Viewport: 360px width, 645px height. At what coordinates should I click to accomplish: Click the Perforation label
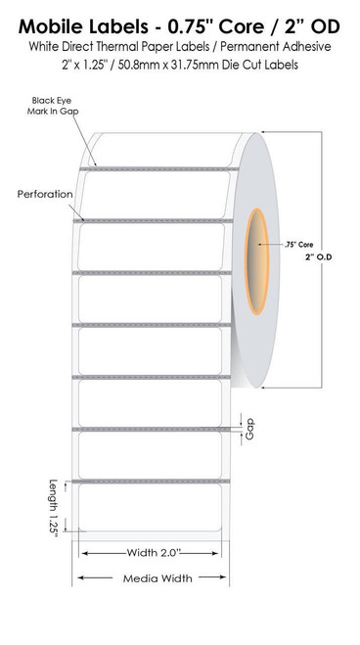click(x=45, y=194)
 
